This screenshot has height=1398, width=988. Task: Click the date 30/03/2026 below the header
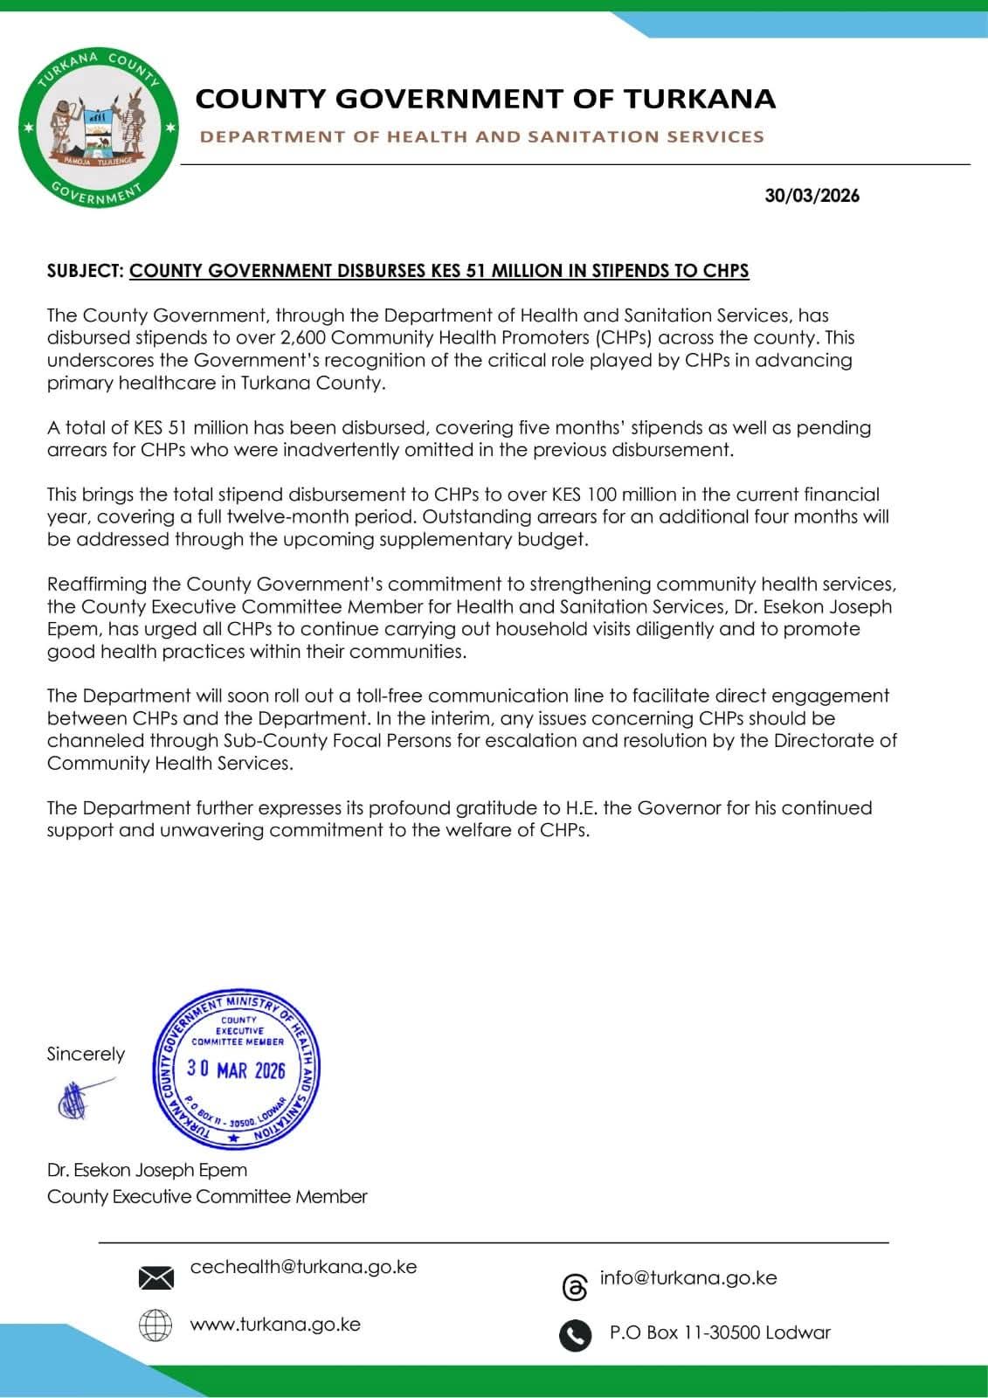pyautogui.click(x=812, y=196)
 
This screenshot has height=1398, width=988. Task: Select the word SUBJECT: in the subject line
pyautogui.click(x=86, y=271)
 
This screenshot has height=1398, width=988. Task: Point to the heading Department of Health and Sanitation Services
pyautogui.click(x=482, y=137)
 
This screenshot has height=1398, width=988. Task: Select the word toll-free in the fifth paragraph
pyautogui.click(x=388, y=696)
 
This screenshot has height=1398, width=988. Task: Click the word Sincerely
pyautogui.click(x=86, y=1055)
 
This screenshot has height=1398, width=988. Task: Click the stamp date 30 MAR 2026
pyautogui.click(x=236, y=1069)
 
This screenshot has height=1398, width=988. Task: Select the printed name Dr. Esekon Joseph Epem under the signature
pyautogui.click(x=147, y=1170)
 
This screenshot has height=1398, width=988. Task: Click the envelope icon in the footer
pyautogui.click(x=155, y=1278)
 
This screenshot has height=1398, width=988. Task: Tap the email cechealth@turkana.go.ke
pyautogui.click(x=303, y=1267)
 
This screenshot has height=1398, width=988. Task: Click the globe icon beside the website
pyautogui.click(x=155, y=1325)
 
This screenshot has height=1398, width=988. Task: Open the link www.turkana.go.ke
pyautogui.click(x=275, y=1325)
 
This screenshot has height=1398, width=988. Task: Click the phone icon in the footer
pyautogui.click(x=575, y=1335)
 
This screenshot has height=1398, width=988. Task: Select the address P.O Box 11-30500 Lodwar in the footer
pyautogui.click(x=720, y=1333)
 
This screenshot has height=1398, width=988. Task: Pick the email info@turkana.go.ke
pyautogui.click(x=688, y=1278)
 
